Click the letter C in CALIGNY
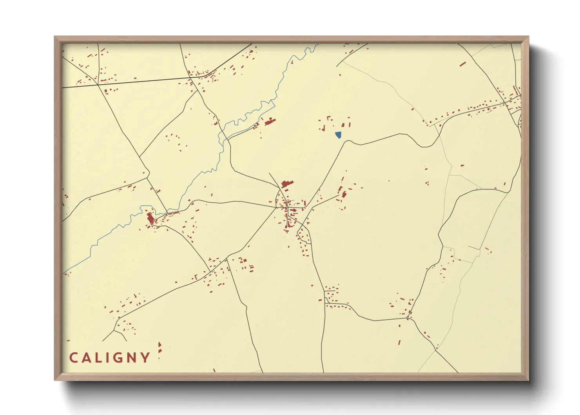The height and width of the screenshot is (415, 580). [x=74, y=358]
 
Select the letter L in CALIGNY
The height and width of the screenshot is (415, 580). [x=100, y=358]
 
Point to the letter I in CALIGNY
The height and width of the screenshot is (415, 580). [x=109, y=358]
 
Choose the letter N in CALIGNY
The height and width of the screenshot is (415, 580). [x=133, y=358]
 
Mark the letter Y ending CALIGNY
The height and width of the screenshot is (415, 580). [x=146, y=358]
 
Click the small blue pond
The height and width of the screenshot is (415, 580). [x=338, y=135]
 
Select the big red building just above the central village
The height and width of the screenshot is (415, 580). [x=287, y=183]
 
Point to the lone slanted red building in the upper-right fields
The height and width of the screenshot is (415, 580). [x=463, y=64]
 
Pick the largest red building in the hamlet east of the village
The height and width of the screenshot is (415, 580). [x=344, y=194]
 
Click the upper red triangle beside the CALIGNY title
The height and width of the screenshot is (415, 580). [x=159, y=344]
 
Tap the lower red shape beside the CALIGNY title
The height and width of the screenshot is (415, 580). [x=159, y=350]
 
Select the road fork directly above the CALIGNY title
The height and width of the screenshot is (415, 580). [x=114, y=331]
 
